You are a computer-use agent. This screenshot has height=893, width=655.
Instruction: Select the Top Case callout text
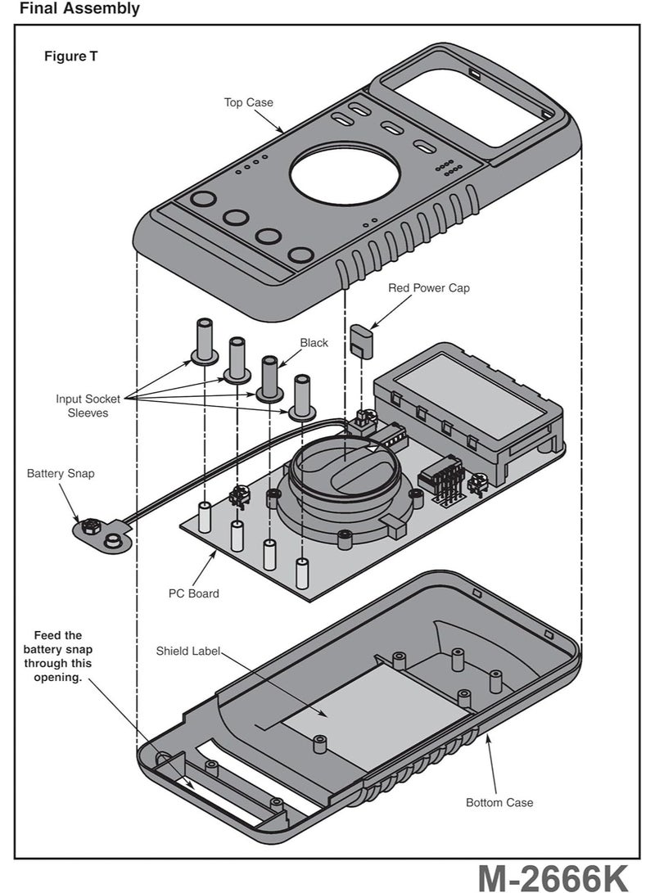(x=249, y=102)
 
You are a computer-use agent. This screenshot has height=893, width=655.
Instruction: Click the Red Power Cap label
(x=429, y=288)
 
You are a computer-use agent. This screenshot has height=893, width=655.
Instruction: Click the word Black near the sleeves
(x=314, y=343)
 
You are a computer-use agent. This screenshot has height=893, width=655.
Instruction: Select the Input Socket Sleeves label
(x=88, y=406)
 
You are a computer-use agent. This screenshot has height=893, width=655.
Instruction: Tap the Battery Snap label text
(x=60, y=474)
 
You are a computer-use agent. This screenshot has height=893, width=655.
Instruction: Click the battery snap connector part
(x=102, y=534)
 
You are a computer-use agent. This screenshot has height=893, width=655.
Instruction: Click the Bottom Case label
(x=499, y=803)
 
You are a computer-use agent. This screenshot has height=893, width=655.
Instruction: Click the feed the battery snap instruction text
(x=58, y=657)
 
